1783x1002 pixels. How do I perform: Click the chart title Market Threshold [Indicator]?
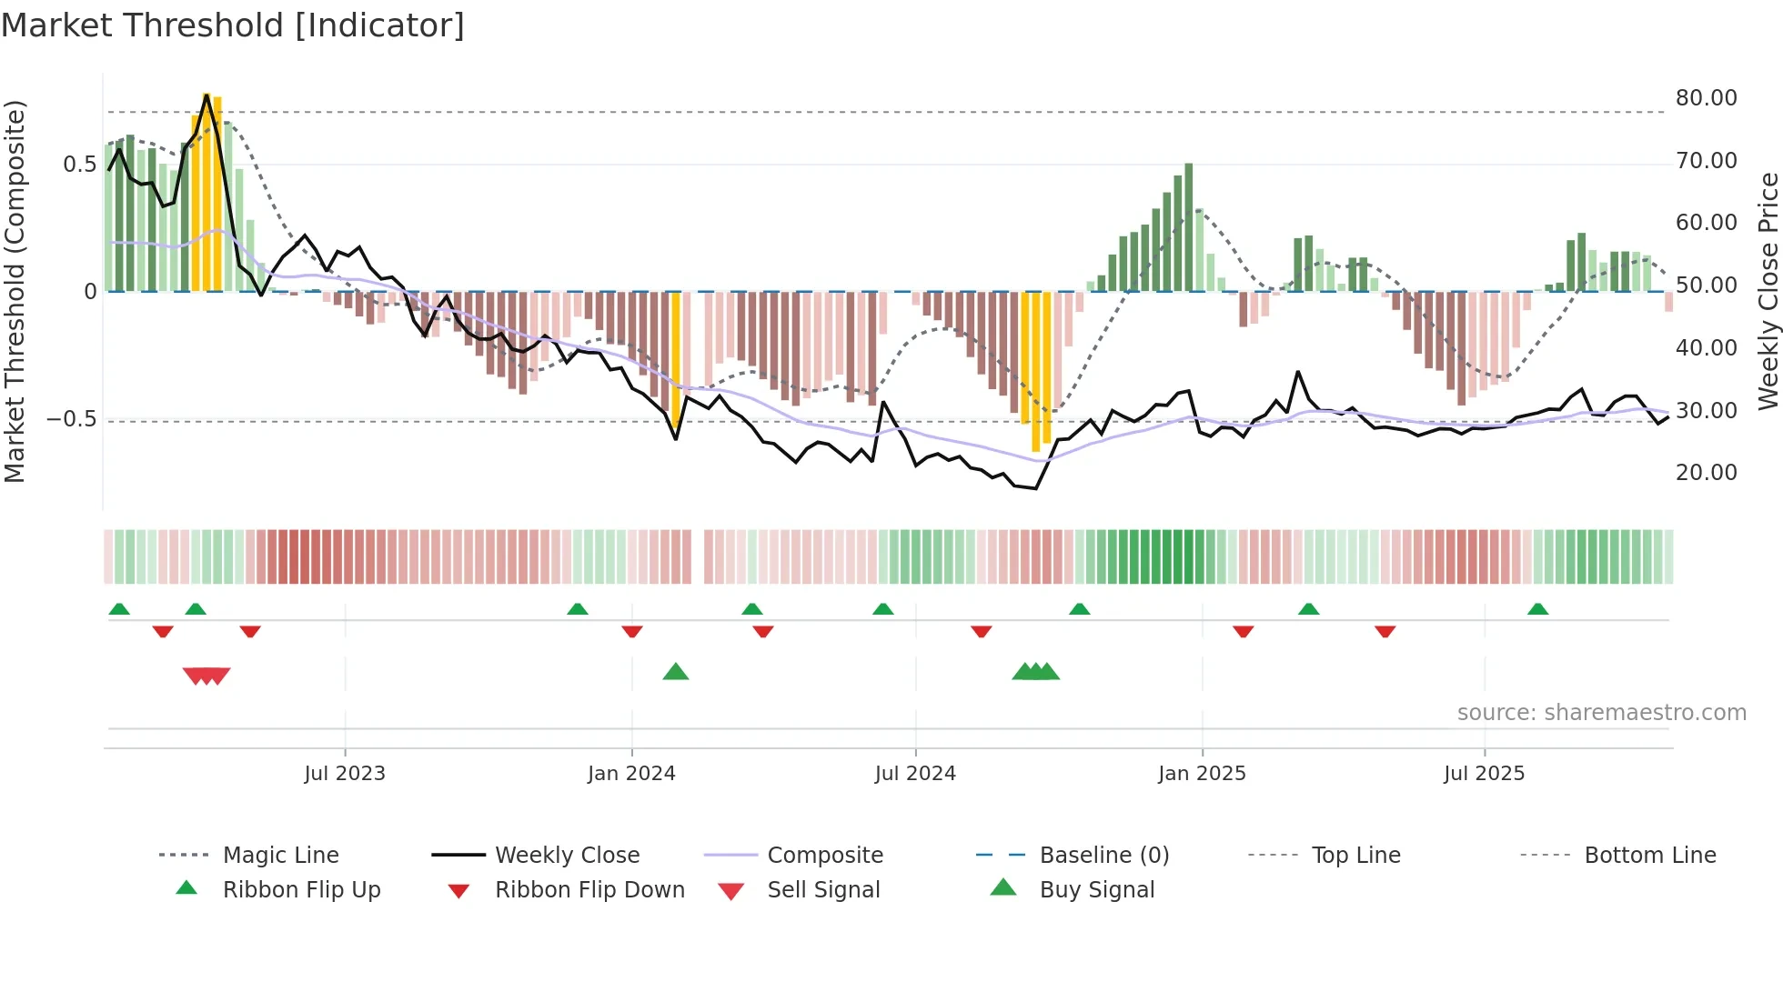point(233,25)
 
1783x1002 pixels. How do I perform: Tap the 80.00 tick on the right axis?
point(1706,98)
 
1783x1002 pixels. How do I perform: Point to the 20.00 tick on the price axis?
point(1706,473)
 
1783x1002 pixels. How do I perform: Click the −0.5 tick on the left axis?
point(71,419)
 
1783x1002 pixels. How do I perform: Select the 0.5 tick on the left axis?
point(79,165)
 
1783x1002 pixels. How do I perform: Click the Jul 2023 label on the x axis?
point(345,774)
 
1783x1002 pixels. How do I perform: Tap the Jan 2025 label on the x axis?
point(1202,774)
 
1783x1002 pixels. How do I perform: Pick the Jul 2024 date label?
point(915,774)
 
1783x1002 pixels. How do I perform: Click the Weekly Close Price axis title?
point(1768,291)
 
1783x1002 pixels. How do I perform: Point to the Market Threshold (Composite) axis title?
point(15,291)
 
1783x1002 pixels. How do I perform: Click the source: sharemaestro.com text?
point(1601,713)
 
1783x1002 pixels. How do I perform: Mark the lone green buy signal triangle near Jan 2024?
point(676,672)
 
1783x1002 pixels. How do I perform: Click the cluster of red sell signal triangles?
point(207,676)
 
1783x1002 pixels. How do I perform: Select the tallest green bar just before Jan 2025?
point(1188,227)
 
